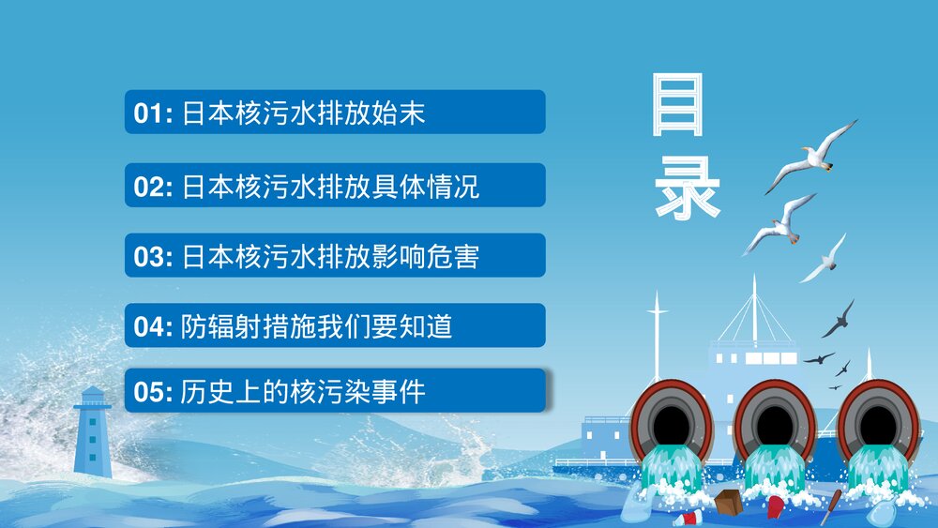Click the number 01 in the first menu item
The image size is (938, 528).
(x=148, y=114)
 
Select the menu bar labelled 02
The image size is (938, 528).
(x=335, y=186)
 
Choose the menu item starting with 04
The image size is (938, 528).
(x=335, y=326)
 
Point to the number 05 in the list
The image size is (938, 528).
(x=148, y=392)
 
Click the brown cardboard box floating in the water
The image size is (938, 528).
(x=728, y=503)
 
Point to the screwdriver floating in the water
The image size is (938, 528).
(x=830, y=506)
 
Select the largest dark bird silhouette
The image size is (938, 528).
(x=839, y=319)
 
